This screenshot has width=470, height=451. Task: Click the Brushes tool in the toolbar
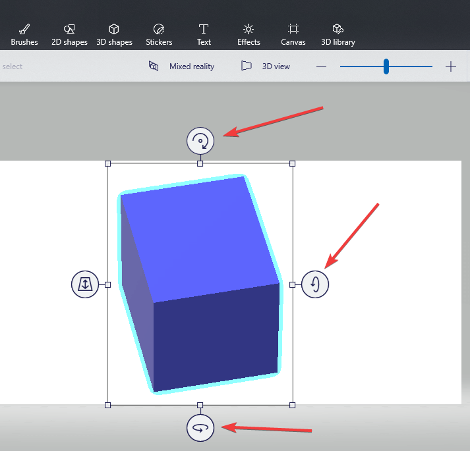click(24, 34)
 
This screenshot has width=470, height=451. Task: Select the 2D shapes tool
click(69, 34)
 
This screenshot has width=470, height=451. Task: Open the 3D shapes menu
click(114, 34)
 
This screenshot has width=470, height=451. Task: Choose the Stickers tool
click(159, 34)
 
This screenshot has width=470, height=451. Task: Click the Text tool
click(204, 34)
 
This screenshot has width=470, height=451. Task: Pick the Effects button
click(249, 34)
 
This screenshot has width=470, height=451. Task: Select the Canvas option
click(293, 34)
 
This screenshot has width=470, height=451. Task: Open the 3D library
click(338, 34)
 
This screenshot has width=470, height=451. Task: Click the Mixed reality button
click(181, 66)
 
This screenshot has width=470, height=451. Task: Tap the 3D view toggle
click(266, 66)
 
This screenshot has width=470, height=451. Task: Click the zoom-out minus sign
click(322, 66)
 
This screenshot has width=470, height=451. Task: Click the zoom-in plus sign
click(451, 66)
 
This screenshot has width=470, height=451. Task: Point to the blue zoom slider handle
click(386, 66)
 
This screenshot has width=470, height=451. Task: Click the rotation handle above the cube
click(200, 141)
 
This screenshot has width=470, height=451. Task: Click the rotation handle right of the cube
click(314, 284)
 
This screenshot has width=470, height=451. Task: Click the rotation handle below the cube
click(200, 428)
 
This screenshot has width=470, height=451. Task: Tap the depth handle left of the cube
click(85, 284)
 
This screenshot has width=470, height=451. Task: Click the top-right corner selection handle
click(293, 163)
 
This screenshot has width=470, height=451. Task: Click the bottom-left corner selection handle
click(108, 405)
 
